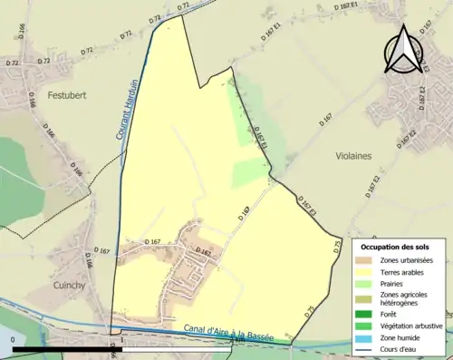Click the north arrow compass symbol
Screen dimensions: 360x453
401,49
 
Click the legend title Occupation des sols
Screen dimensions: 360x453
395,247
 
